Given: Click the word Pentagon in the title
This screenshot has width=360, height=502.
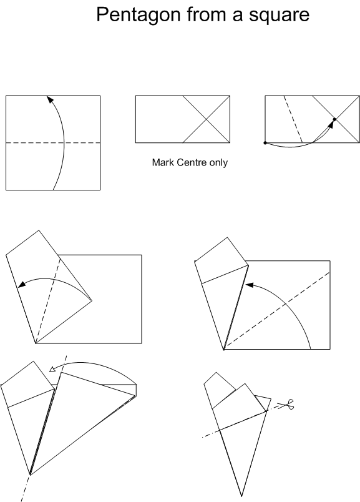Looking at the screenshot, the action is click(139, 15).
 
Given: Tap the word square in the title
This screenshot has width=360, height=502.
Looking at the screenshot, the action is click(279, 15).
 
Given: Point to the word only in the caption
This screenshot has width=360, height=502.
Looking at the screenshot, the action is click(218, 162).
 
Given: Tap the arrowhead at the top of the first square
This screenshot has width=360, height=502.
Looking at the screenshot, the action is click(49, 99).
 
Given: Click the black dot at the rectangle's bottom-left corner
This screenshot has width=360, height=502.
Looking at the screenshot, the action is click(265, 143).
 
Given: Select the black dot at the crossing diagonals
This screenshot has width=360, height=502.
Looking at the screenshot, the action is click(334, 119).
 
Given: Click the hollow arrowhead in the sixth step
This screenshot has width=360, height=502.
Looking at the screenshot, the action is click(52, 369).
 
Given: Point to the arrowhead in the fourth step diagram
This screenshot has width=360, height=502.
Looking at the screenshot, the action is click(22, 284).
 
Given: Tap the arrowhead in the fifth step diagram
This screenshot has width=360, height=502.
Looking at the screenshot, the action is click(249, 285).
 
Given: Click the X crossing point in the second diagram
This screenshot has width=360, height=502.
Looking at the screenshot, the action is click(207, 119).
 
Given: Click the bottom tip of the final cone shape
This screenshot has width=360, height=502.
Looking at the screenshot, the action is click(241, 496).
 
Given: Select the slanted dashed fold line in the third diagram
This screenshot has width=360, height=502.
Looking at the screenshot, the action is click(293, 119).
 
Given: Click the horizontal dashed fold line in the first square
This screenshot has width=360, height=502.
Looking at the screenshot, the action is click(53, 143).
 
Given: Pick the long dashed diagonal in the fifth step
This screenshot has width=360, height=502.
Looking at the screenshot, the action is click(276, 311).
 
